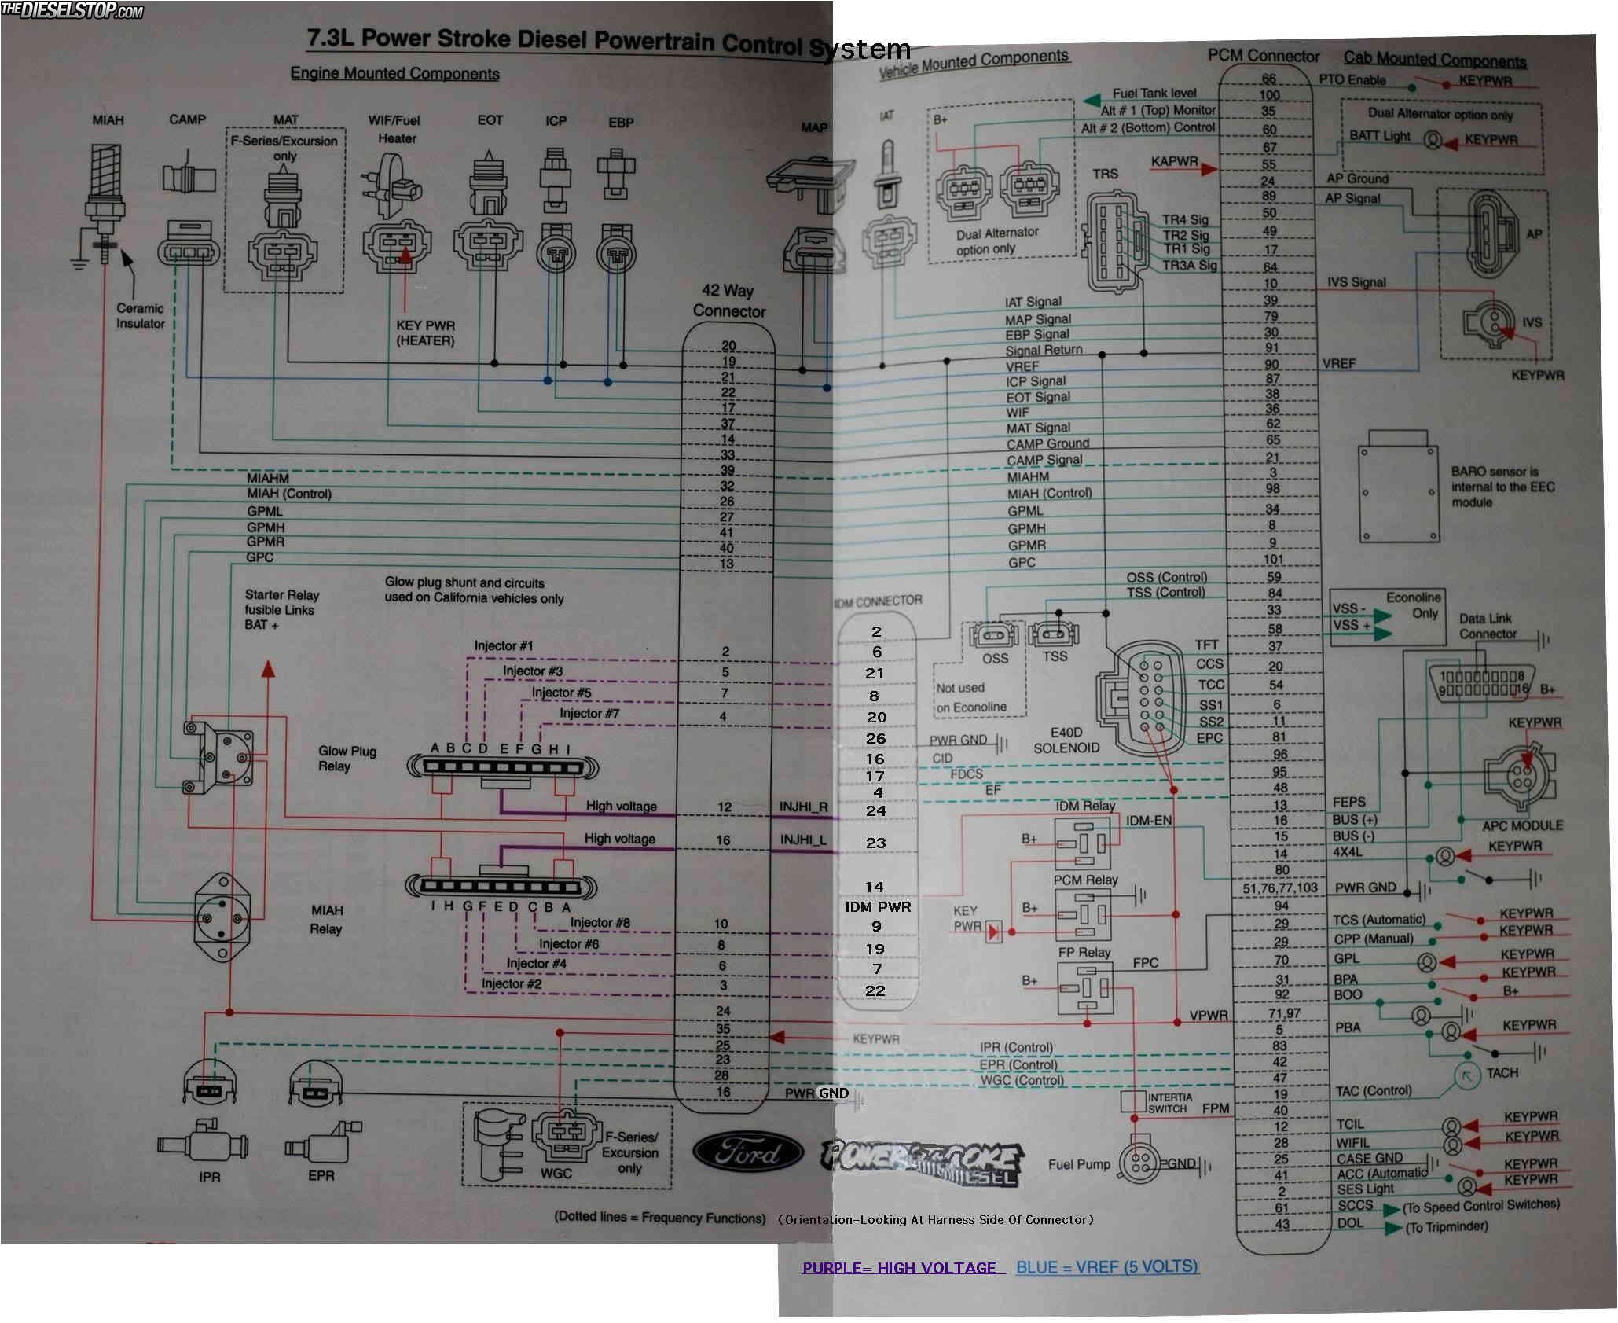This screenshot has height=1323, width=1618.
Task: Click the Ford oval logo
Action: click(x=747, y=1152)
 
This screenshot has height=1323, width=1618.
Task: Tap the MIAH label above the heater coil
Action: click(x=108, y=120)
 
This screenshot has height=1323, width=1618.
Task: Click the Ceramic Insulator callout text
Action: click(x=141, y=316)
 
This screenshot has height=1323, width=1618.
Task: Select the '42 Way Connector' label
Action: click(x=728, y=301)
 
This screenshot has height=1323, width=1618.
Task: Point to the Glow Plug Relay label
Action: click(x=347, y=759)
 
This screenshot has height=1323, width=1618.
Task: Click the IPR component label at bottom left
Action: click(x=210, y=1177)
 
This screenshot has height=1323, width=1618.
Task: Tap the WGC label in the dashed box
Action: click(x=556, y=1174)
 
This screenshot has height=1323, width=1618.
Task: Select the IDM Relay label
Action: click(x=1084, y=806)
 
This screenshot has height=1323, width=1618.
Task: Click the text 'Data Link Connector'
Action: click(x=1487, y=626)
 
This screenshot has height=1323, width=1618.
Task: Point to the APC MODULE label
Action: click(x=1522, y=825)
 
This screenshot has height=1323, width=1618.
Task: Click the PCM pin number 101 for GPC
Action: click(x=1273, y=560)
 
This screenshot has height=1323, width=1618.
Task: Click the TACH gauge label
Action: click(x=1502, y=1073)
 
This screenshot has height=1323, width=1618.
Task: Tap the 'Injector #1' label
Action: click(x=504, y=646)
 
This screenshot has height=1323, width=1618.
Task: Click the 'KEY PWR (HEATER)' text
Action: click(x=425, y=333)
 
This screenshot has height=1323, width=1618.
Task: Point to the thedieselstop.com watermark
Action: click(x=72, y=10)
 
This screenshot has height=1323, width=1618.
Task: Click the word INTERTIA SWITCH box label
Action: click(x=1169, y=1103)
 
